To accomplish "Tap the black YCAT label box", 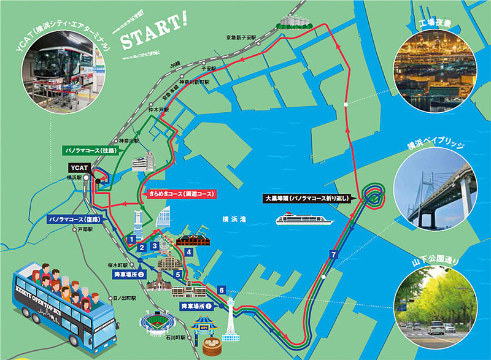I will [x=80, y=167].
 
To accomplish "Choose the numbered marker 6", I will [x=222, y=289].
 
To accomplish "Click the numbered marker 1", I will [x=131, y=238].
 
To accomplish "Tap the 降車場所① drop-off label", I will [x=196, y=305].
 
